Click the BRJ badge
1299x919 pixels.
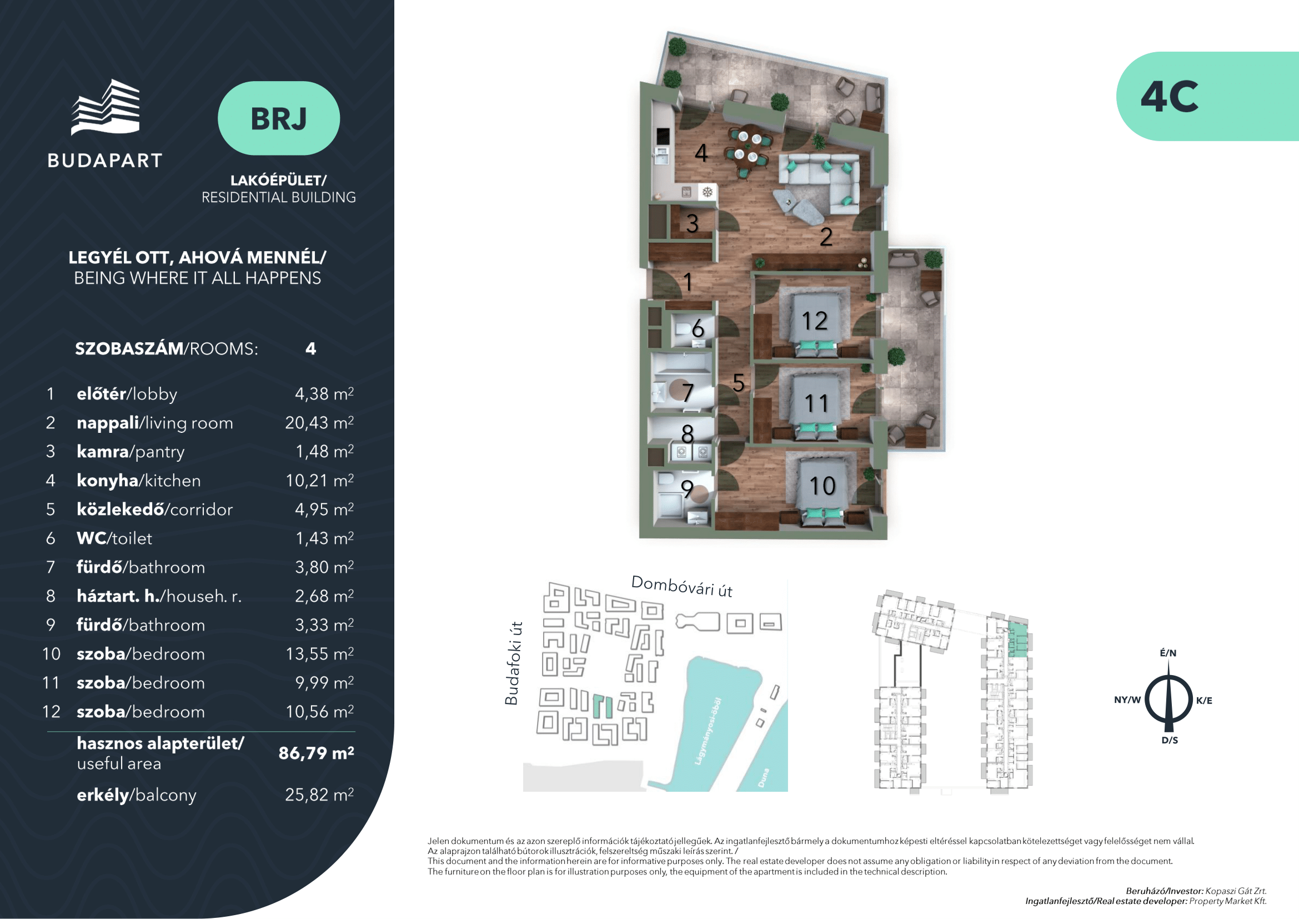[278, 118]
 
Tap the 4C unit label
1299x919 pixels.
[1169, 96]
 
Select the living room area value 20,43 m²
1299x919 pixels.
[319, 423]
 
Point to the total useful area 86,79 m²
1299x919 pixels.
[316, 753]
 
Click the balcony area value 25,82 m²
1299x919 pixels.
[319, 795]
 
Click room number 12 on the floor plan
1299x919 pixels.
[815, 321]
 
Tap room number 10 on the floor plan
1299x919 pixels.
[822, 486]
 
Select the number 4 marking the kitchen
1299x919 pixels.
[701, 153]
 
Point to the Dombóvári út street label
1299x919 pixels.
[682, 586]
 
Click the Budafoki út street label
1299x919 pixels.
[512, 663]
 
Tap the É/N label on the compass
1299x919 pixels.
[1168, 652]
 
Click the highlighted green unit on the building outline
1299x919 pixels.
[1018, 640]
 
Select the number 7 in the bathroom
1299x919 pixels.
[688, 393]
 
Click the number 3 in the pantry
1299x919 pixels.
[693, 223]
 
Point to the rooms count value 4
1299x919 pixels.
[310, 348]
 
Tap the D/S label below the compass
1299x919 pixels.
[1170, 740]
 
